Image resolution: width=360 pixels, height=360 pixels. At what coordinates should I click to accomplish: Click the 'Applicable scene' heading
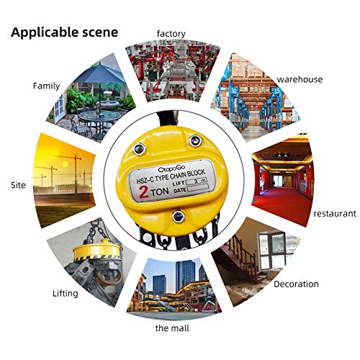pyautogui.click(x=64, y=32)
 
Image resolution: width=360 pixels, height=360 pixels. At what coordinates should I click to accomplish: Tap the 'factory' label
pyautogui.click(x=171, y=34)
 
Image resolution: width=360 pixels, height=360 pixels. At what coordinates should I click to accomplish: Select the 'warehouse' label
pyautogui.click(x=300, y=79)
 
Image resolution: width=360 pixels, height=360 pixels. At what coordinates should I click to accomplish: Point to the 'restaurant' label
pyautogui.click(x=335, y=213)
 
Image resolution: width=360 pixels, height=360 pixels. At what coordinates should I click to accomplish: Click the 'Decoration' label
pyautogui.click(x=296, y=284)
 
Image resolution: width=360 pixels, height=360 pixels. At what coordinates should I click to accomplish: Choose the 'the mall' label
pyautogui.click(x=172, y=328)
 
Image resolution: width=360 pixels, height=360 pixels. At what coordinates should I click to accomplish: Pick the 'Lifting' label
pyautogui.click(x=66, y=293)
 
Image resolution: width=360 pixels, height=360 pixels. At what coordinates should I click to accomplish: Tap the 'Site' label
pyautogui.click(x=18, y=185)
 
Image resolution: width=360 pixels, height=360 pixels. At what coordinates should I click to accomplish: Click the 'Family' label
pyautogui.click(x=46, y=86)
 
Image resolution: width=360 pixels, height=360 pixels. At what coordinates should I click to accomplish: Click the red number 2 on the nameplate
pyautogui.click(x=144, y=192)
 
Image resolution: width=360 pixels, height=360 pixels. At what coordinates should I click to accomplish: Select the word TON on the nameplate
pyautogui.click(x=160, y=192)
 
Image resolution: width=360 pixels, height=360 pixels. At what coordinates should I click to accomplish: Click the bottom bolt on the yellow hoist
pyautogui.click(x=179, y=216)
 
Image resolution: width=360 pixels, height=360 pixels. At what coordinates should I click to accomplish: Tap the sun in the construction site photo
pyautogui.click(x=65, y=164)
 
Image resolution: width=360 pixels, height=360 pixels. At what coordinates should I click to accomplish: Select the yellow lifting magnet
pyautogui.click(x=96, y=251)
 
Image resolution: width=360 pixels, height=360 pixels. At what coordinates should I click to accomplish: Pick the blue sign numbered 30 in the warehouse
pyautogui.click(x=234, y=91)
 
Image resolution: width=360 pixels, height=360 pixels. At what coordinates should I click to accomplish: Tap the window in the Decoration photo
pyautogui.click(x=272, y=250)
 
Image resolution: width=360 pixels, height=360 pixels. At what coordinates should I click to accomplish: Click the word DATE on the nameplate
pyautogui.click(x=180, y=190)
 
